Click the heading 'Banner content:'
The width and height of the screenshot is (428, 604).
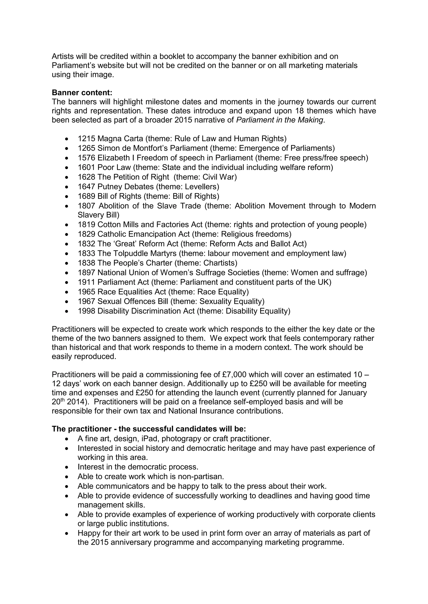coord(82,93)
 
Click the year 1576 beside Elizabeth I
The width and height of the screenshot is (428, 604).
coord(86,158)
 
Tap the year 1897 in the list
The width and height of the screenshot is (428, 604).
coord(86,273)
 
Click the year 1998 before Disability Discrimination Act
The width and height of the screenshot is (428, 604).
coord(86,311)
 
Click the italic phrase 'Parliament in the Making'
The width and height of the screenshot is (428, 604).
coord(279,120)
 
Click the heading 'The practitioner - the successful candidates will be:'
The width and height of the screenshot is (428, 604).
coord(149,429)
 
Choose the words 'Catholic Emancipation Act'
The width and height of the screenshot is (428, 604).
coord(143,234)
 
